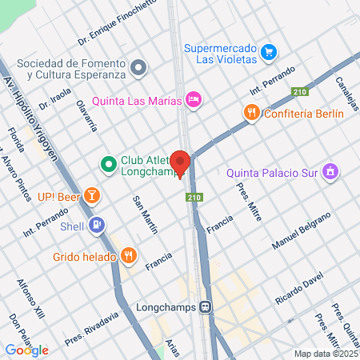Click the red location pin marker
[181, 162]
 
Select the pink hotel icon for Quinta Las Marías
[193, 100]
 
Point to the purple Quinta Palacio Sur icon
[330, 171]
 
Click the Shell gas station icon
[97, 226]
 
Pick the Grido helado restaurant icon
[128, 257]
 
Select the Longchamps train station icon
[206, 306]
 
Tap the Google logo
[27, 350]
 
